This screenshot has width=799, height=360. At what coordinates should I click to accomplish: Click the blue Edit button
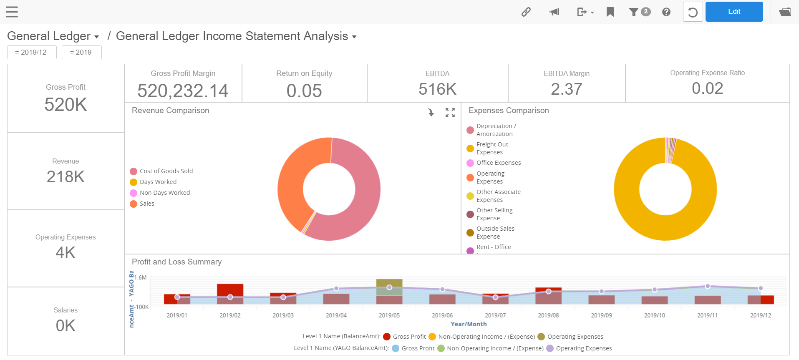(x=734, y=12)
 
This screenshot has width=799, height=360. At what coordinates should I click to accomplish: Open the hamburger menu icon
(x=12, y=12)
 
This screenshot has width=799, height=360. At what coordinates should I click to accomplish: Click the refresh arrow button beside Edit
(x=693, y=12)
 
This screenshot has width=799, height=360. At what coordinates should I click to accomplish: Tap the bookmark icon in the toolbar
(x=610, y=12)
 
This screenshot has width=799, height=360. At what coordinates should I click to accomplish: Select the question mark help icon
(x=666, y=12)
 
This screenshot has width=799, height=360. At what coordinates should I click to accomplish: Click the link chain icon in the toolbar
(x=526, y=12)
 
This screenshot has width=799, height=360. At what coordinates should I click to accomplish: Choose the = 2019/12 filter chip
(x=32, y=52)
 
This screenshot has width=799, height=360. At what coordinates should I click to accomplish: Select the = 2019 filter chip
(x=81, y=52)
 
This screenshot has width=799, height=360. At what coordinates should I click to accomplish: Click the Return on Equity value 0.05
(x=304, y=91)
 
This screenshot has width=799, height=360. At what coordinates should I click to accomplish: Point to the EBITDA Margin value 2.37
(x=566, y=89)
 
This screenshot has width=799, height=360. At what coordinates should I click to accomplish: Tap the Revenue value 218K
(x=66, y=176)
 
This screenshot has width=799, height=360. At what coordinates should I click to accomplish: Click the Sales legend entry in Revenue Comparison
(x=146, y=204)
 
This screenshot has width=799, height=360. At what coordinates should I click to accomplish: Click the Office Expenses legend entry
(x=498, y=163)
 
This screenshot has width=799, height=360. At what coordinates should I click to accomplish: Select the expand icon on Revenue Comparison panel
(x=450, y=113)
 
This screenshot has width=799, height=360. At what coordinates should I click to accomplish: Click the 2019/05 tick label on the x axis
(x=389, y=315)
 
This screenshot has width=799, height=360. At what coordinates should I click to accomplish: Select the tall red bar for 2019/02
(x=230, y=289)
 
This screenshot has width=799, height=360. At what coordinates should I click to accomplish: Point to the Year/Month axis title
(x=469, y=324)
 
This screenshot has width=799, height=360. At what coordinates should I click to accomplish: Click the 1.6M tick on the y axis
(x=141, y=277)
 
